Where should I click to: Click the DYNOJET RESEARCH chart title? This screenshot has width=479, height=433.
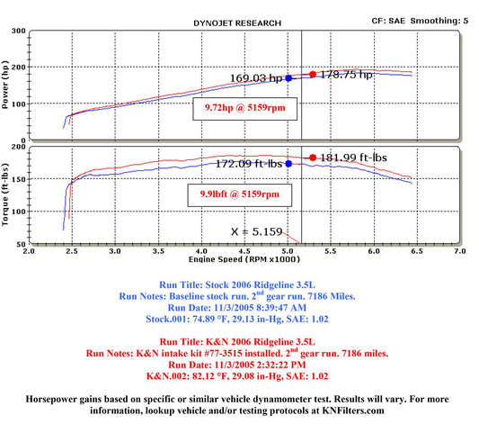pos(237,23)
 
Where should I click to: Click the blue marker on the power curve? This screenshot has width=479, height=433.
pos(288,78)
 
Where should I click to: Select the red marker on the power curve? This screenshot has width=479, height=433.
pos(313,75)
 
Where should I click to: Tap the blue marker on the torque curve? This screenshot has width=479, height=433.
pos(288,164)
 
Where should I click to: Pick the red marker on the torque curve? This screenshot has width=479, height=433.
pos(313,158)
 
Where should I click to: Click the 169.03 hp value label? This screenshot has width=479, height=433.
pos(256,78)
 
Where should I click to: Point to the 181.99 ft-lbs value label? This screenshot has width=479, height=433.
pos(353,158)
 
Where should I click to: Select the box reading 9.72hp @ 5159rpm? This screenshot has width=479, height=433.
pos(245,109)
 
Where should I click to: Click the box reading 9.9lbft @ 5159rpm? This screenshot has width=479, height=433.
pos(240,195)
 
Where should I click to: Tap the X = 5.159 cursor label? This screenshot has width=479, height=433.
pos(257,231)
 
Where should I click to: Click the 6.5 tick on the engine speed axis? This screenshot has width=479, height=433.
pos(417,251)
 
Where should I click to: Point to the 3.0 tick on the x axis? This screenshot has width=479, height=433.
pos(115,251)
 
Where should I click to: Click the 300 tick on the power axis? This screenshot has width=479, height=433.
pos(19,31)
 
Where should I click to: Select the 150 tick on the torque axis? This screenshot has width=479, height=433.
pos(19,179)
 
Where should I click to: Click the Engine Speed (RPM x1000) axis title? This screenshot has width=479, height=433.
pos(244,259)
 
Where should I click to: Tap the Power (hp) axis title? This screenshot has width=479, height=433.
pos(4,84)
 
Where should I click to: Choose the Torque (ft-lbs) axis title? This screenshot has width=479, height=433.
pos(4,194)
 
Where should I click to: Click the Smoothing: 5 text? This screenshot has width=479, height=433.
pos(439,21)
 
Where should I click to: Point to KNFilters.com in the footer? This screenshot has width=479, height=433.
pos(353,410)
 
